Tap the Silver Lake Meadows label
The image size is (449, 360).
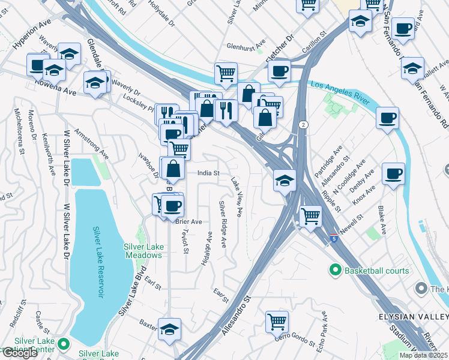(x=143, y=251)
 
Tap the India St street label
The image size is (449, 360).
(x=209, y=173)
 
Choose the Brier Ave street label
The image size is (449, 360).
(x=188, y=221)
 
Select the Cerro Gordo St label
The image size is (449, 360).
(x=295, y=340)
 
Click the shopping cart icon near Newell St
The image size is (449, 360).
(x=310, y=215)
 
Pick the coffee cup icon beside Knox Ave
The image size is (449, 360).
(x=394, y=173)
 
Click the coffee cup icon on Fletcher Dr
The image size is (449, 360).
(x=279, y=70)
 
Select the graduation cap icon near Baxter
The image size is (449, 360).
(x=169, y=328)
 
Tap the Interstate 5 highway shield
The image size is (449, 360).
(x=333, y=238)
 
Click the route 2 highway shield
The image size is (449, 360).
(x=303, y=124)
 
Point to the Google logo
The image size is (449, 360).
(x=20, y=353)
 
